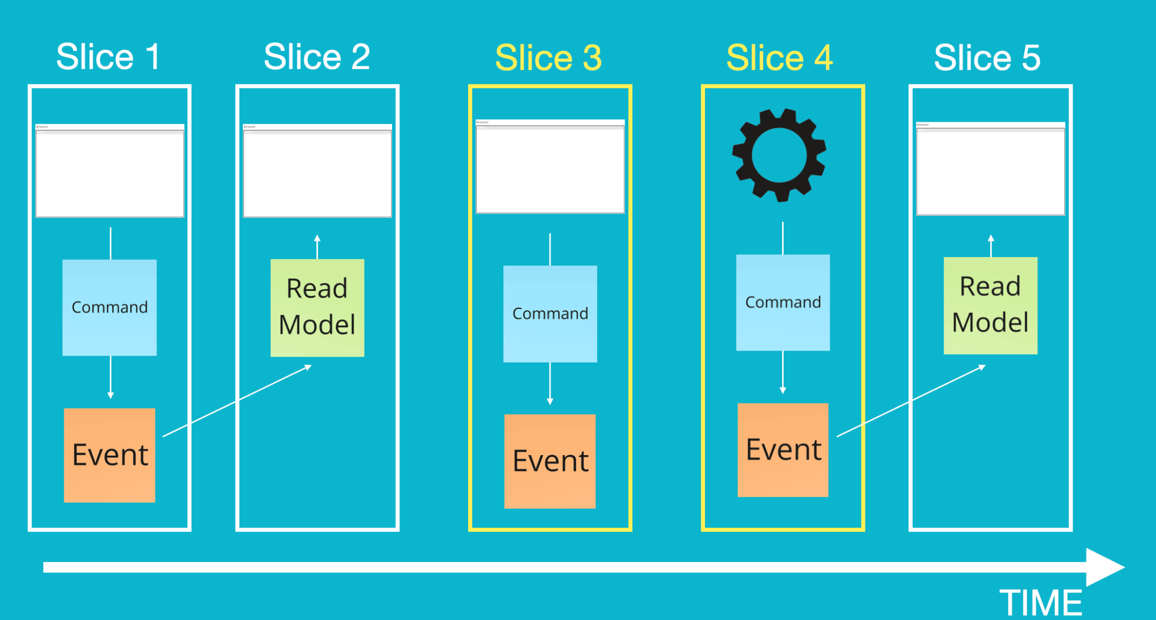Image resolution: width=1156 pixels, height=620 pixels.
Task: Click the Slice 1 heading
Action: coord(108,57)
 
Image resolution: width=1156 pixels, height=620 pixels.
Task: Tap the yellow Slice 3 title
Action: coord(548,58)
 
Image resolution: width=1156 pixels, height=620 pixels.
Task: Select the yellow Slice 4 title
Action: coord(779,58)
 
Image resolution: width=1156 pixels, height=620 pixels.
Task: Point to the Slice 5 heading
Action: coord(987,58)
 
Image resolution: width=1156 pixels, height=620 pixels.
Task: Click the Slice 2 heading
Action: coord(317,57)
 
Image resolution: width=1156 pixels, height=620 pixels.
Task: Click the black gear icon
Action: coord(779,155)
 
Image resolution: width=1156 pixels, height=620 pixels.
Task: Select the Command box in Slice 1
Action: coord(109,307)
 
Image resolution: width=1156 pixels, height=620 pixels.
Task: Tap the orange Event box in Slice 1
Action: coord(109,455)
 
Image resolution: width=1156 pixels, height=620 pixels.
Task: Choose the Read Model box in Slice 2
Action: coord(317,307)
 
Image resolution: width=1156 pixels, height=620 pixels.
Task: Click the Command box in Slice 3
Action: coord(550,314)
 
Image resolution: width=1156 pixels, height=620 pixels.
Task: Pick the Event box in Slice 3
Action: coord(550,461)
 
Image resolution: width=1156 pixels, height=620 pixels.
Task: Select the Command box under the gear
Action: coord(783,302)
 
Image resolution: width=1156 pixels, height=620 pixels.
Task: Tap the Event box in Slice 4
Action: coord(783,450)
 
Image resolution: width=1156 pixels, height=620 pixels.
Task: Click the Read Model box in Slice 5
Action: coord(990,305)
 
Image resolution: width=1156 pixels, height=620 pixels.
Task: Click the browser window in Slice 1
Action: coord(109,171)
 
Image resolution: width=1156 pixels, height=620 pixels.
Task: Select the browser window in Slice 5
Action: coord(990,168)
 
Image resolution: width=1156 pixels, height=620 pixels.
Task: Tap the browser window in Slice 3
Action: coord(550,166)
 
